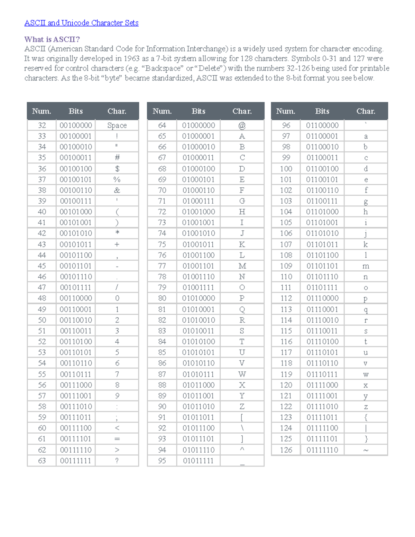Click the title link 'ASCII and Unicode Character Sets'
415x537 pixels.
point(81,23)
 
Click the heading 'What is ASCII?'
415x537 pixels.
point(52,39)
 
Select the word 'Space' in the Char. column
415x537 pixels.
point(117,125)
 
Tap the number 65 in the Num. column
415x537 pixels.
point(162,136)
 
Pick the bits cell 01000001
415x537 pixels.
point(198,136)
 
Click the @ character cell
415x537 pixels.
point(242,125)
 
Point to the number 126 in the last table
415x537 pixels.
point(286,450)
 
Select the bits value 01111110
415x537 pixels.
point(322,450)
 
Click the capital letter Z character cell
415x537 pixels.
point(242,406)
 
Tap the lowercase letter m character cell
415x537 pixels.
point(366,266)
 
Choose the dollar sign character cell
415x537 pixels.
point(117,168)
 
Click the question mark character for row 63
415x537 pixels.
point(117,460)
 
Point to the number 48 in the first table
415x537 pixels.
point(42,298)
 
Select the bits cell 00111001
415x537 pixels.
point(76,396)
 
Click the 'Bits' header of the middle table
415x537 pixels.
point(198,111)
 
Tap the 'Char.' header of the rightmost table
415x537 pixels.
point(366,111)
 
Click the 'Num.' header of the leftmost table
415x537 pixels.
point(41,111)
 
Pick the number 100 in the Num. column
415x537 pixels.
point(286,168)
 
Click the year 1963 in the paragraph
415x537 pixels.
point(131,58)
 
